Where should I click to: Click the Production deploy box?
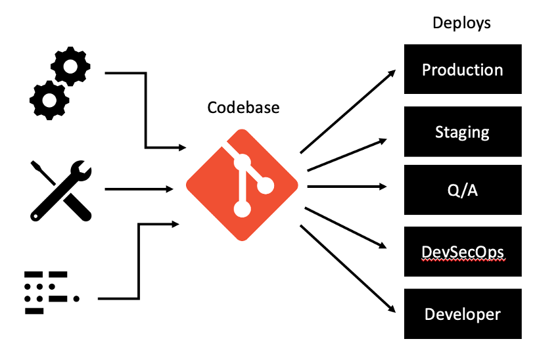click(462, 70)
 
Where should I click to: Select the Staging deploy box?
click(462, 131)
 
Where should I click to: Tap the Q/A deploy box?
click(462, 190)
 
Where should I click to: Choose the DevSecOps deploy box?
click(462, 252)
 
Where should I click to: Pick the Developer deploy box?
click(462, 314)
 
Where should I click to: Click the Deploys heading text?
click(461, 23)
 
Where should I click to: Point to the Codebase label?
click(243, 107)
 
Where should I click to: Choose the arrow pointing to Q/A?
click(348, 187)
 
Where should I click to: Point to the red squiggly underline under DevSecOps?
click(462, 261)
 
